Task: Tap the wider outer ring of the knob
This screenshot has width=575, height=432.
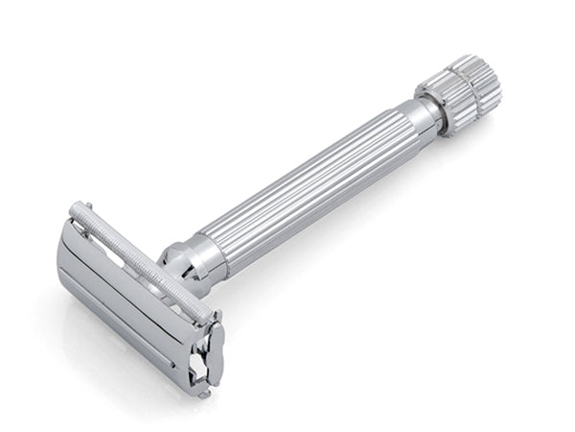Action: click(x=472, y=89)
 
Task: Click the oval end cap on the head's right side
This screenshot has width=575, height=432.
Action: click(x=209, y=350)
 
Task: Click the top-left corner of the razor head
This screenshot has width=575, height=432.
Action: click(x=71, y=211)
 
